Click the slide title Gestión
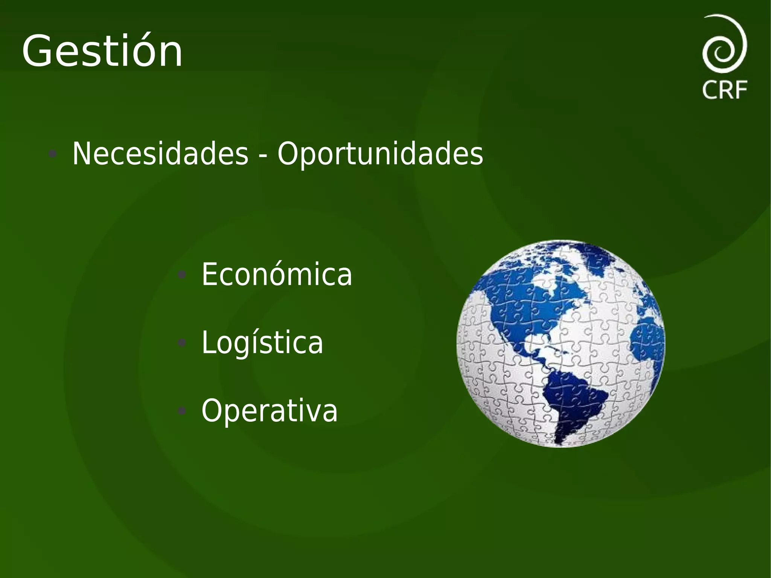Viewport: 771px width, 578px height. tap(102, 52)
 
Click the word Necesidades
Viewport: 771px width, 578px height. tap(160, 154)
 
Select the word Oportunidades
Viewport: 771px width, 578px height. tap(380, 154)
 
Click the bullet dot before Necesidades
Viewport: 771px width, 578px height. tap(53, 154)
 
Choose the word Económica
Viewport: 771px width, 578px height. tap(277, 275)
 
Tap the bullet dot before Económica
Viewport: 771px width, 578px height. tap(182, 275)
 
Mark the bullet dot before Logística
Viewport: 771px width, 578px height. tap(182, 343)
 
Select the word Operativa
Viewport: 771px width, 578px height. tap(270, 410)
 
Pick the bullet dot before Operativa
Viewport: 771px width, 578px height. tap(182, 411)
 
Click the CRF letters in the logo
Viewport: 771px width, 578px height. tap(725, 90)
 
